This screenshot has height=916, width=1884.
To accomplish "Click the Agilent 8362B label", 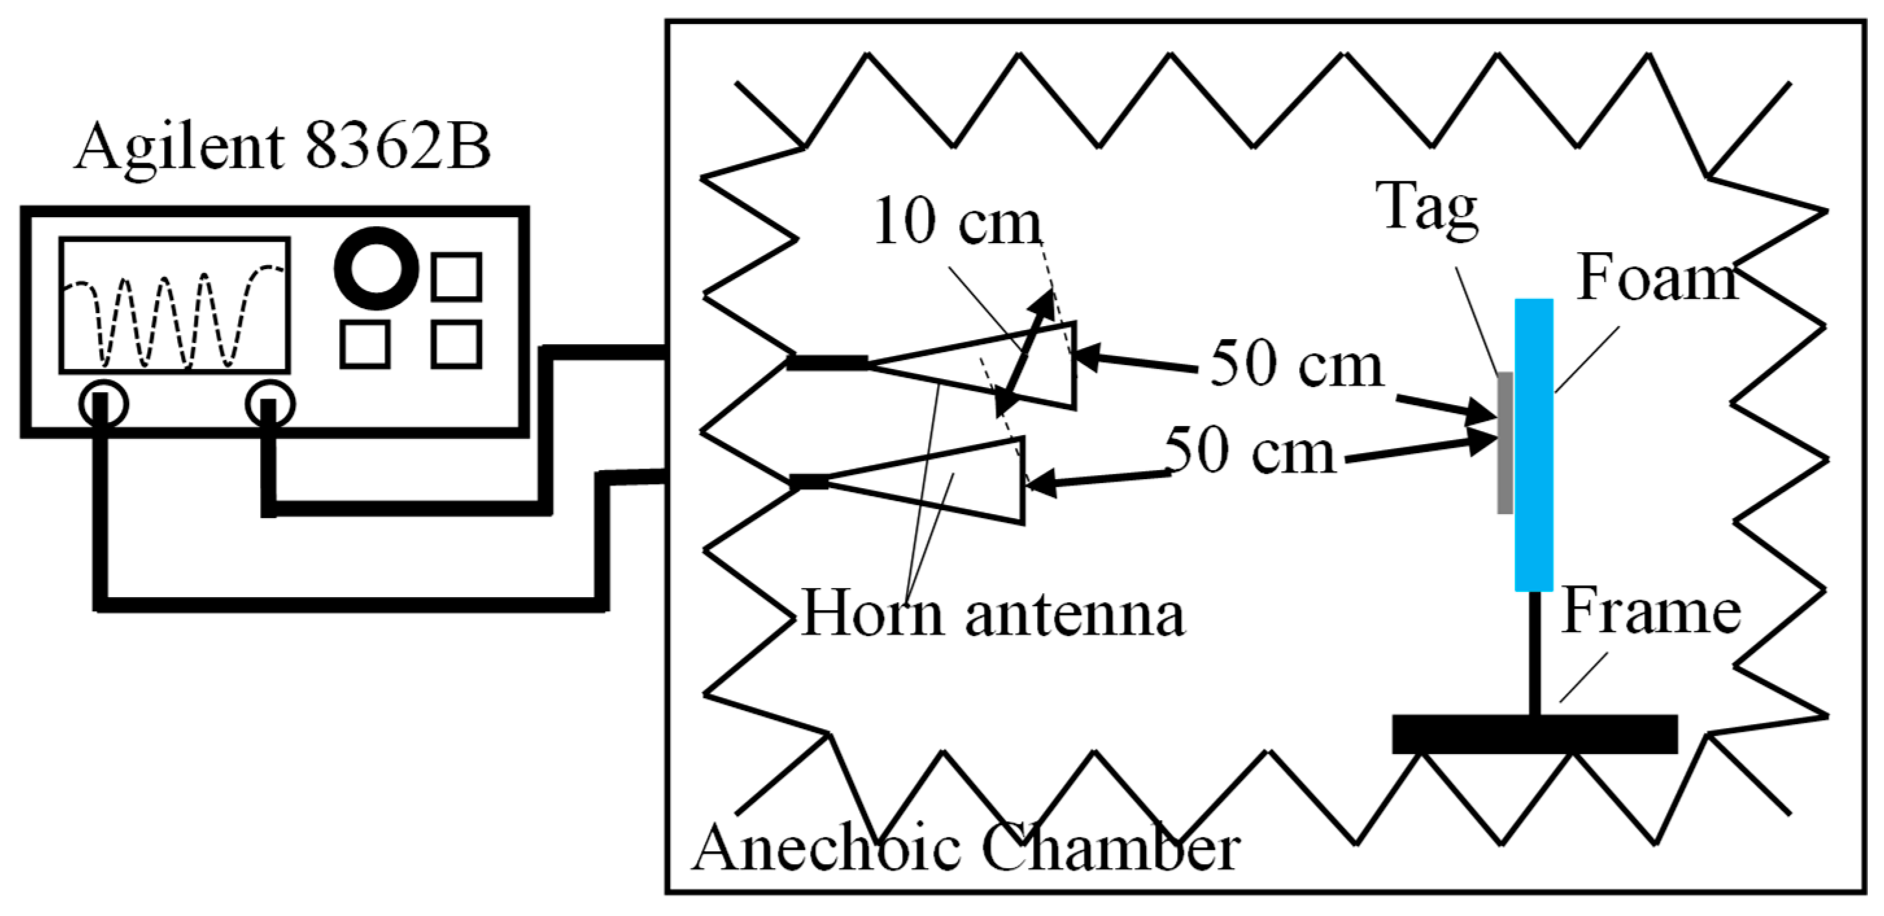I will [x=282, y=147].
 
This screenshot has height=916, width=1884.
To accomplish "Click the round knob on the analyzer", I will [x=376, y=268].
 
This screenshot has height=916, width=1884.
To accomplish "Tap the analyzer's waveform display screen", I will [x=175, y=305].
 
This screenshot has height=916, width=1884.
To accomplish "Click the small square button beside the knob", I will [x=456, y=277].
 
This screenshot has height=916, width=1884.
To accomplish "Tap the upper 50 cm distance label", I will [x=1296, y=364].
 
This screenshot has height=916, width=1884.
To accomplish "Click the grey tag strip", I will [x=1505, y=442].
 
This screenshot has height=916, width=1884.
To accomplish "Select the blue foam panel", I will [x=1534, y=445].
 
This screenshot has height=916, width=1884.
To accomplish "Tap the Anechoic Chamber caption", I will [x=966, y=848].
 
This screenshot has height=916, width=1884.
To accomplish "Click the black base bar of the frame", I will [x=1534, y=734].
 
